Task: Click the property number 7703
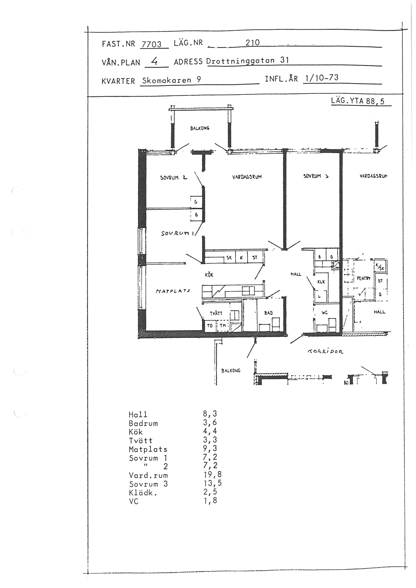[151, 45]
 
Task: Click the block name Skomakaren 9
[171, 80]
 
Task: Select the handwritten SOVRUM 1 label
[177, 233]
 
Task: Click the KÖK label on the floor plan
[209, 275]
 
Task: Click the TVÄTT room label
[216, 313]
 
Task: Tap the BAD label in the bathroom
[268, 313]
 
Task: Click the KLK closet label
[321, 282]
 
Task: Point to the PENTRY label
[363, 278]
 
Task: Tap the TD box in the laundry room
[210, 326]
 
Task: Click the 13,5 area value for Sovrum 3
[213, 483]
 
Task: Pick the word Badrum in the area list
[143, 423]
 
